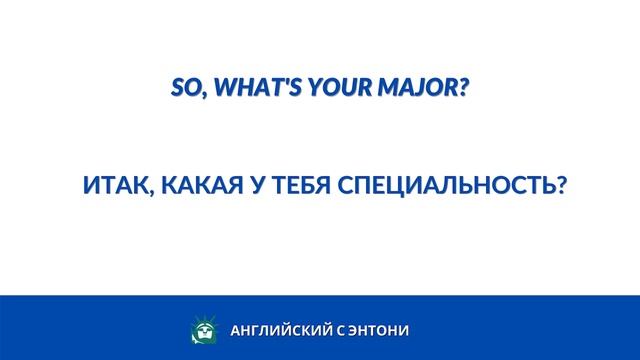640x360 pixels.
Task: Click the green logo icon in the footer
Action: [202, 330]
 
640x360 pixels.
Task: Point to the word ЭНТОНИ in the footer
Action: [379, 330]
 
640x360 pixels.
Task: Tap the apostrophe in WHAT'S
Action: [283, 83]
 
